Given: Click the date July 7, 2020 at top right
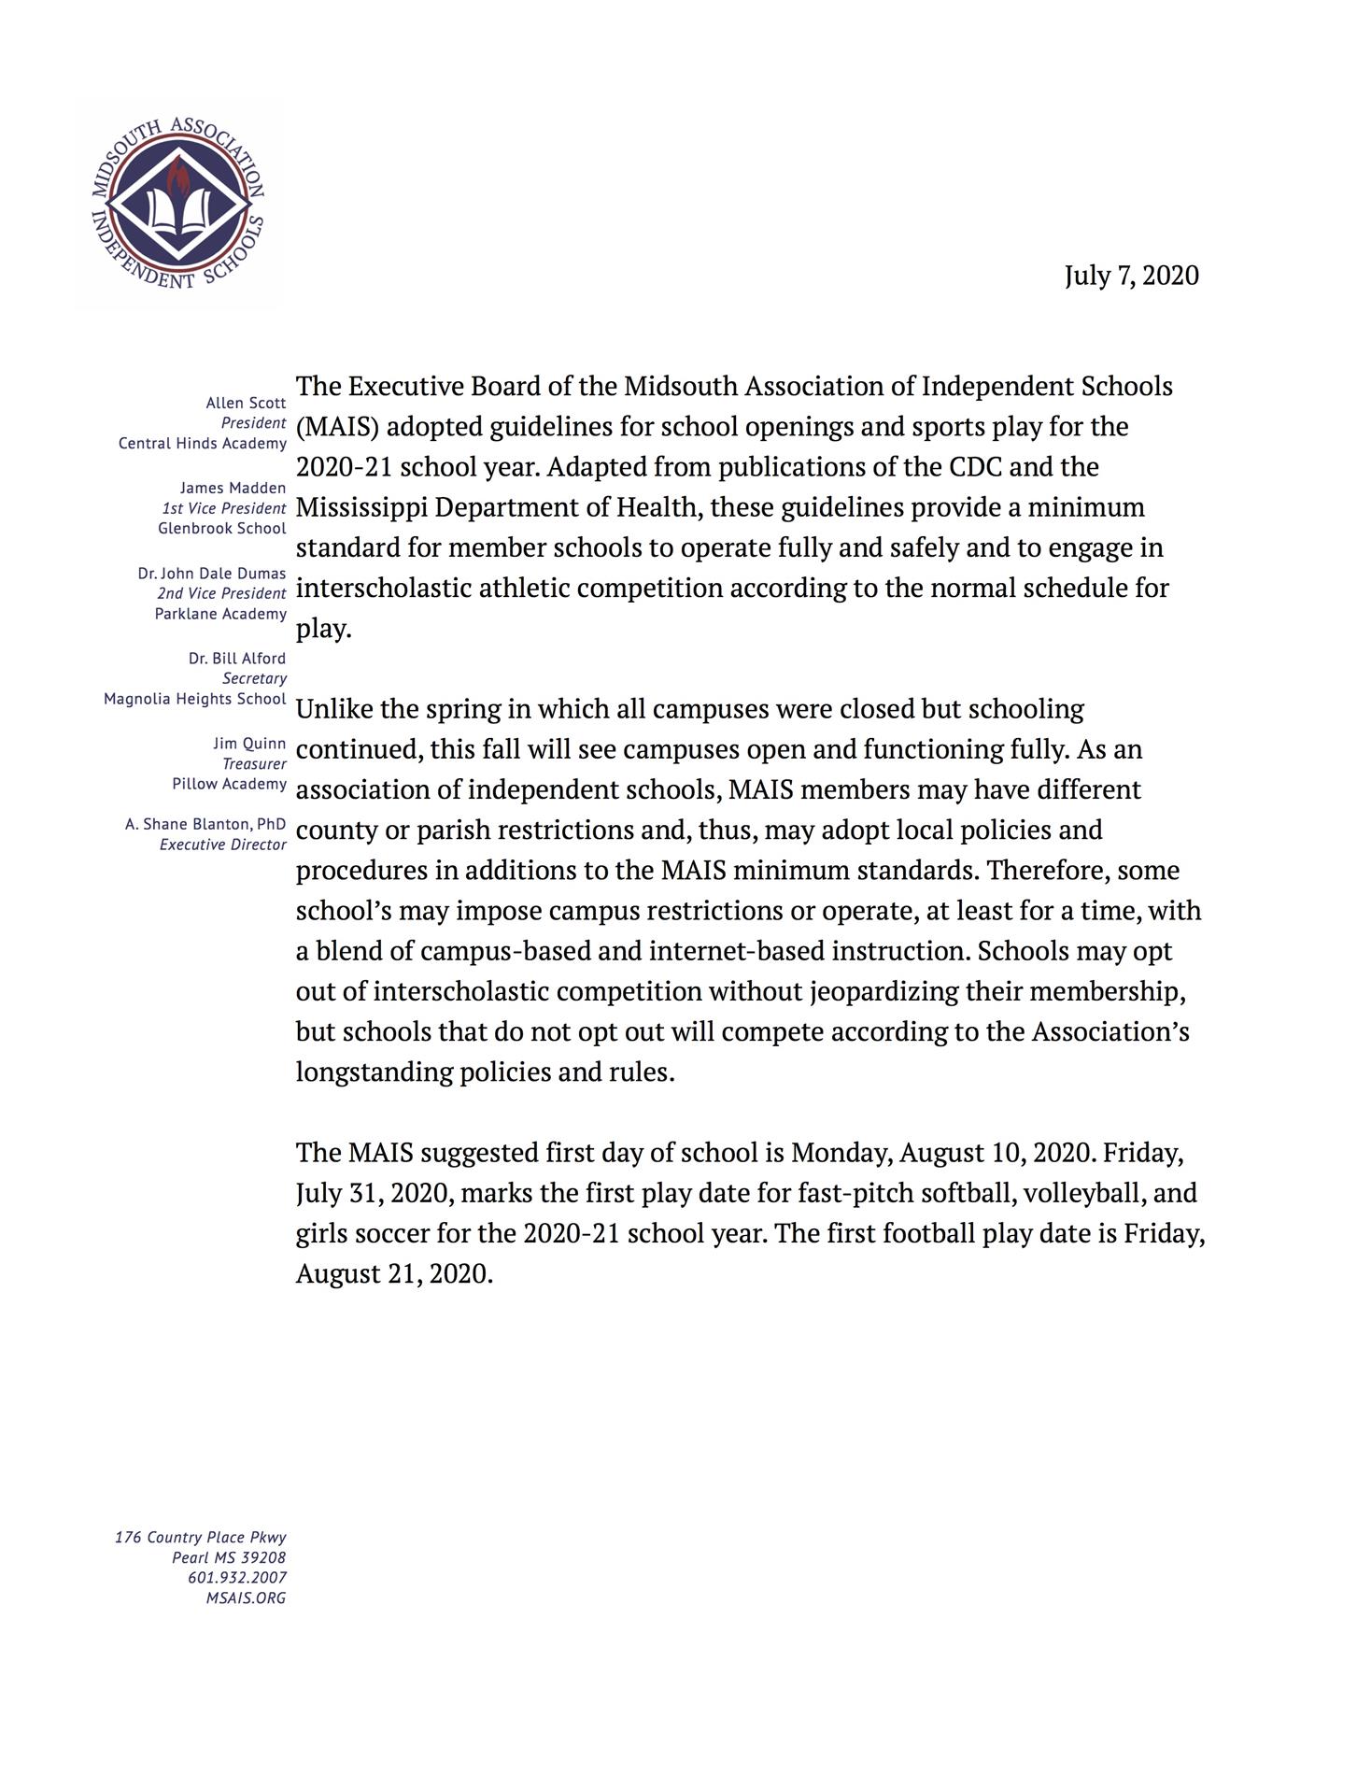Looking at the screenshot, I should tap(1131, 276).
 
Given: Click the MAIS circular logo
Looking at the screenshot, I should tap(177, 203).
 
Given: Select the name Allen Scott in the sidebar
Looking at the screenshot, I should tap(246, 403).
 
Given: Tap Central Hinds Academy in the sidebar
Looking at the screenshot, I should tap(202, 443).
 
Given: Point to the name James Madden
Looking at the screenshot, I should tap(233, 488).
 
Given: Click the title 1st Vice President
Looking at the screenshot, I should tap(224, 508).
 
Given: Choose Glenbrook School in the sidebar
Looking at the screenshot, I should tap(221, 528).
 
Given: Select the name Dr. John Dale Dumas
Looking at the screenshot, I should tap(211, 573).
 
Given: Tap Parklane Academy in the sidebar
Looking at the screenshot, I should tap(220, 614).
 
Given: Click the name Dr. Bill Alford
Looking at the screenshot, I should tap(237, 659).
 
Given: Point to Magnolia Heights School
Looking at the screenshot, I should tap(194, 699).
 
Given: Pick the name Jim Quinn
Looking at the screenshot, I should tap(249, 744).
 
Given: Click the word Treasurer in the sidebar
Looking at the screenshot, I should tap(254, 764).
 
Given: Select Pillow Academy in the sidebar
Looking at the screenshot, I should tap(229, 784).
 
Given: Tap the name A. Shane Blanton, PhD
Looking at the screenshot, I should tap(205, 824).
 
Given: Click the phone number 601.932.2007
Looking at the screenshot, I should tap(237, 1577).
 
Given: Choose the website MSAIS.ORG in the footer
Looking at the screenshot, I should tap(246, 1597).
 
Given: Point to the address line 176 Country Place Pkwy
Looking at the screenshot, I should tap(201, 1537).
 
